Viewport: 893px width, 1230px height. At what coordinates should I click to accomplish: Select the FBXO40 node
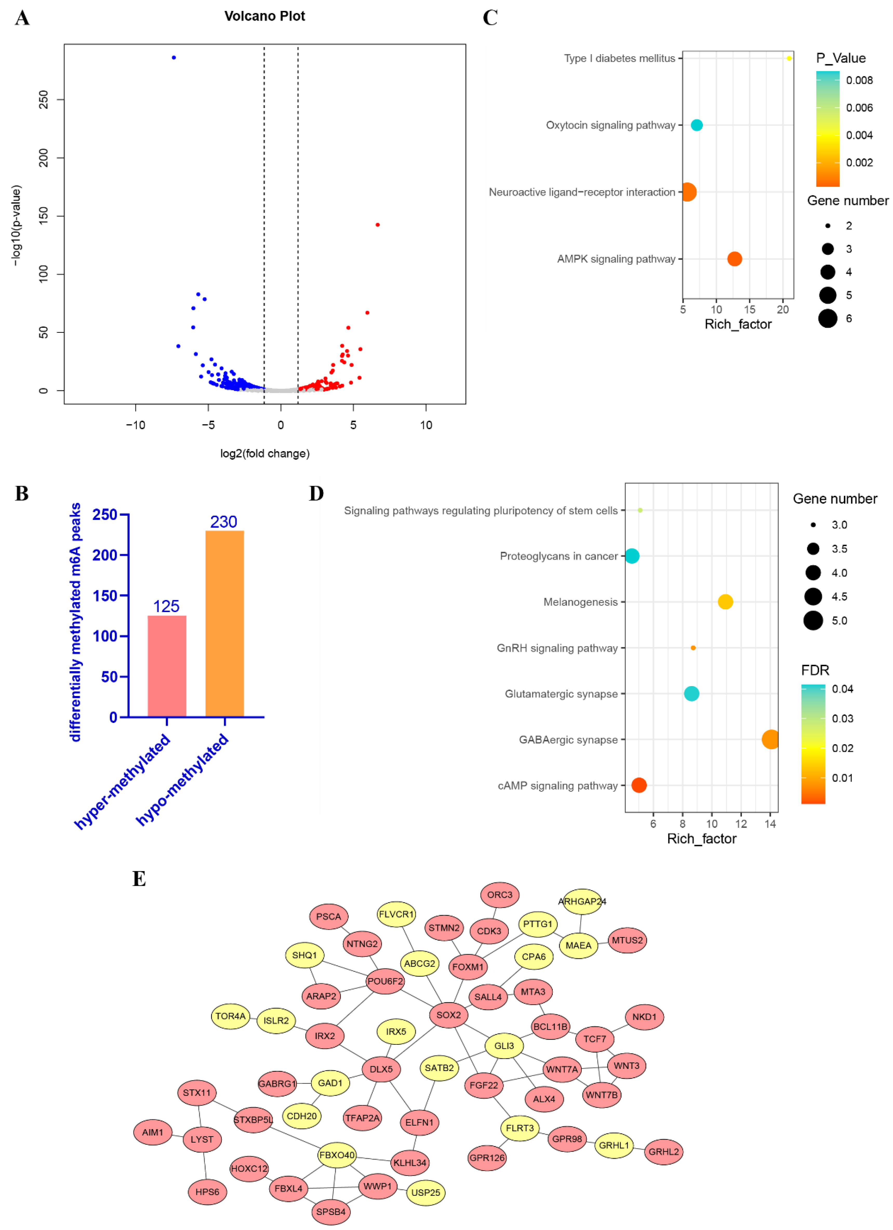point(337,1155)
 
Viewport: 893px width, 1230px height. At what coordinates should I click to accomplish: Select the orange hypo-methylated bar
point(224,624)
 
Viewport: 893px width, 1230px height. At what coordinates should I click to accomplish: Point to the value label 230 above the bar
point(223,522)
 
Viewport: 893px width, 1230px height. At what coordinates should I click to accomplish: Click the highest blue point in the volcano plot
point(174,57)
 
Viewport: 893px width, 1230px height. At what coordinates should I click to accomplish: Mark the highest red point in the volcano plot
point(377,224)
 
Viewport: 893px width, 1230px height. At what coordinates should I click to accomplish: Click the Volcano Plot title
point(265,16)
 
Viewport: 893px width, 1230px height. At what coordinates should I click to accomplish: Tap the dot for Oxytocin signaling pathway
point(697,125)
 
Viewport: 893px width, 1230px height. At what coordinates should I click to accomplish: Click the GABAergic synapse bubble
point(770,739)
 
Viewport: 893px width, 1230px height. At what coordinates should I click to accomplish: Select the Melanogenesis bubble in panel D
point(725,601)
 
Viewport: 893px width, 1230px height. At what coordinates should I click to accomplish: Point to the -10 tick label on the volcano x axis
point(136,425)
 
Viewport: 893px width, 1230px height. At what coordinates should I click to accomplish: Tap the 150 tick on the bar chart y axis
point(105,595)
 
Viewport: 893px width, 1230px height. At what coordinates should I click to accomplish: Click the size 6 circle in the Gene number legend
point(827,318)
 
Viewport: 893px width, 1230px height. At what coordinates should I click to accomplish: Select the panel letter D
point(316,494)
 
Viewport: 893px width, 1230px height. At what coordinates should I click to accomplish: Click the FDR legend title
point(815,670)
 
